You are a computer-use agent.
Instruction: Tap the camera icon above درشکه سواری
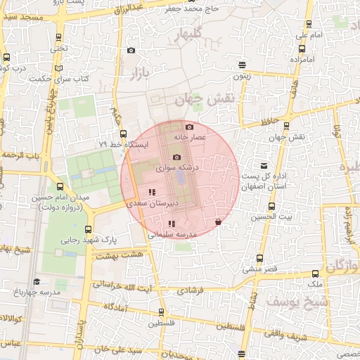point(176,157)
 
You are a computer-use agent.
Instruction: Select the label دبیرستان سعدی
point(152,202)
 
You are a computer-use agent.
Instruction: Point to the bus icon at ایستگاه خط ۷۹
point(124,133)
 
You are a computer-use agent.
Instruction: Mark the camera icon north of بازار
point(131,50)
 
